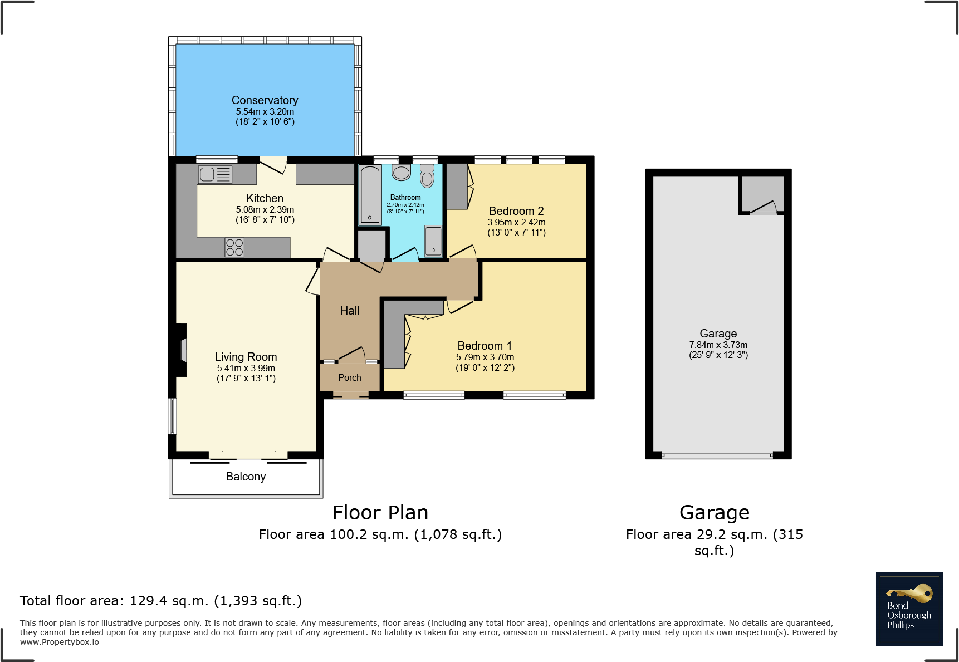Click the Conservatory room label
point(265,100)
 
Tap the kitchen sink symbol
point(215,175)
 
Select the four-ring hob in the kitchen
point(234,247)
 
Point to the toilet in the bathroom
point(427,176)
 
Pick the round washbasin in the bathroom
point(401,172)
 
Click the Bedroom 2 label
point(516,211)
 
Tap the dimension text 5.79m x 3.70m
point(485,357)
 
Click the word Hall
point(350,311)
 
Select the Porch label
point(350,377)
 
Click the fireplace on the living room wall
point(181,351)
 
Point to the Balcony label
point(246,477)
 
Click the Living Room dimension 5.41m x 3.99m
point(246,368)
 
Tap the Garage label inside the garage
point(718,334)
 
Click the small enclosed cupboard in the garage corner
point(762,194)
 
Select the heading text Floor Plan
point(380,513)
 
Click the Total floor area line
point(161,601)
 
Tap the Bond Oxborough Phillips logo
point(909,609)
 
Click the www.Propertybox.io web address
point(60,642)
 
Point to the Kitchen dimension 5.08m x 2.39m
point(265,209)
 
